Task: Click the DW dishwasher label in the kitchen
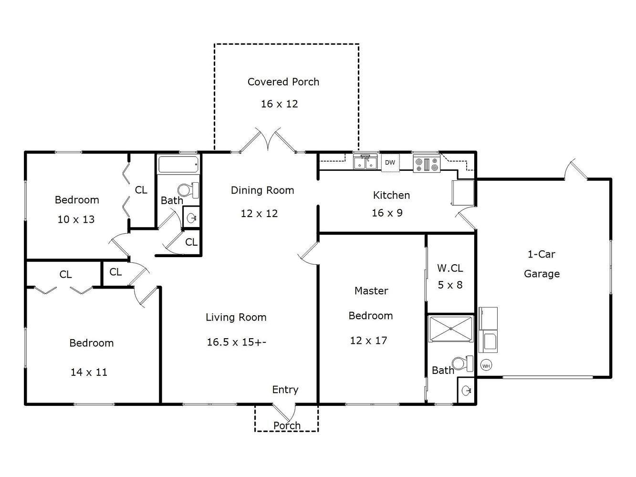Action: coord(390,163)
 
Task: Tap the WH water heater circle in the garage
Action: coord(486,366)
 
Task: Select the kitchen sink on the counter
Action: coord(365,162)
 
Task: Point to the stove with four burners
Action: coord(427,164)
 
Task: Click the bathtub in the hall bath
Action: coord(178,165)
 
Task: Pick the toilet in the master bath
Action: coord(462,363)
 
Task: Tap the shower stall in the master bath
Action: coord(451,329)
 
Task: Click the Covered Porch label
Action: coord(283,82)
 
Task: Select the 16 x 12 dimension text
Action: coord(279,104)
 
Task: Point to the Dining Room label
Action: coord(262,190)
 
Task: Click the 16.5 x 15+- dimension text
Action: coord(236,342)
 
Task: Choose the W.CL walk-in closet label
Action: coord(450,268)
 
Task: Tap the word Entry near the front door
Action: coord(285,390)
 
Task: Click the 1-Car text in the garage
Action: coord(541,254)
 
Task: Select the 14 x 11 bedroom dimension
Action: coord(89,372)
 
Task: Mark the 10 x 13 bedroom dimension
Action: coord(76,219)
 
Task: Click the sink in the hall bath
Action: coord(191,218)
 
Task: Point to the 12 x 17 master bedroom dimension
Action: coord(368,341)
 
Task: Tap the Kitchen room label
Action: coord(391,195)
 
